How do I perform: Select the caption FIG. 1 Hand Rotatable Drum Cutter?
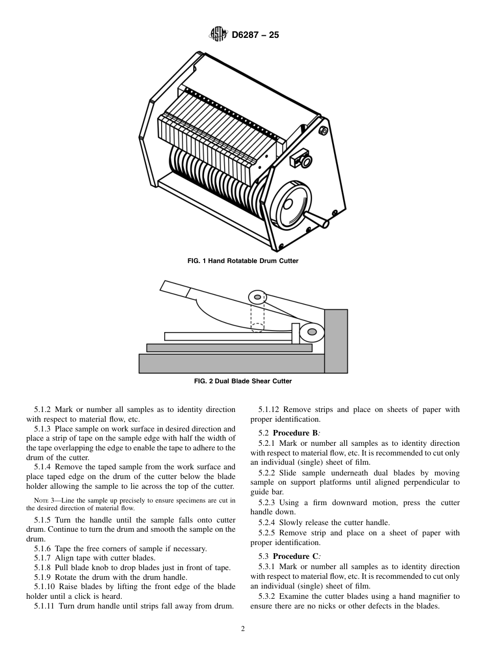(243, 261)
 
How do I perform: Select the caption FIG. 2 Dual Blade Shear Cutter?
(243, 381)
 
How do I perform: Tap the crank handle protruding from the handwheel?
(318, 222)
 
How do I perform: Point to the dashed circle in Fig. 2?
(257, 328)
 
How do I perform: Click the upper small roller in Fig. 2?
(257, 297)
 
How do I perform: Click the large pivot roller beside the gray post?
(312, 332)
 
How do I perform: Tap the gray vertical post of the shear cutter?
(336, 340)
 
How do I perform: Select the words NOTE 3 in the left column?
(45, 500)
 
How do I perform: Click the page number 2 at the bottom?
(243, 629)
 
